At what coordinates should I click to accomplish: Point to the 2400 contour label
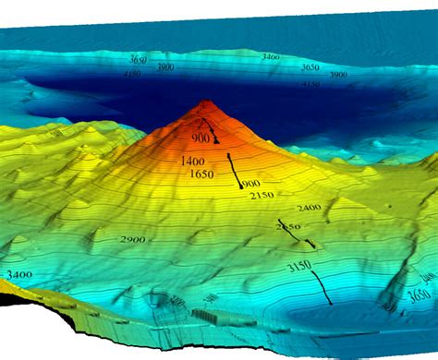pos(309,208)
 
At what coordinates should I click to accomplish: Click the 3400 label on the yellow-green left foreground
pos(16,274)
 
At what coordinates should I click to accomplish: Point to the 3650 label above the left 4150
pos(138,60)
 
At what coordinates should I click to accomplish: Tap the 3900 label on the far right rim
pos(338,74)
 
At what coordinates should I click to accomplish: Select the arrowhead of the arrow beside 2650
pos(310,245)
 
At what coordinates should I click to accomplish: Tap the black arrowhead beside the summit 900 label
pos(216,141)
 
